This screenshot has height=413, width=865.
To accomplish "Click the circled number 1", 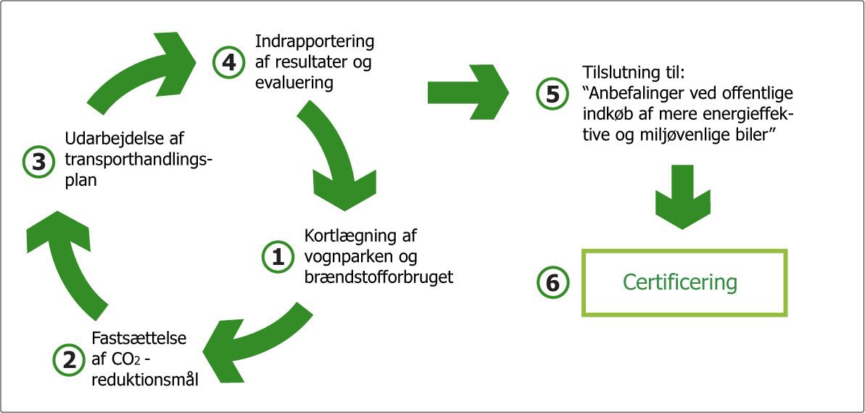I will click(x=276, y=256).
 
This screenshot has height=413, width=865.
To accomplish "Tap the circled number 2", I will click(x=69, y=359).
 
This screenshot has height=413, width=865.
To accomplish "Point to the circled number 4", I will click(x=228, y=62).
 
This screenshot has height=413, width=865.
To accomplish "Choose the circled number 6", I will click(x=552, y=282).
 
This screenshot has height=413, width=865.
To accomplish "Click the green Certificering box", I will click(x=684, y=282).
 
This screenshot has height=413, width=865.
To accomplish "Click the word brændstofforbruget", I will click(x=378, y=277).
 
